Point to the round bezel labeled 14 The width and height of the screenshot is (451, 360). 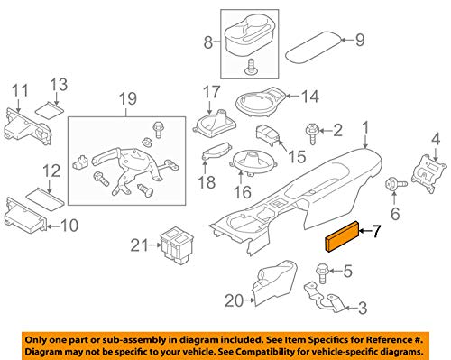(262, 101)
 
